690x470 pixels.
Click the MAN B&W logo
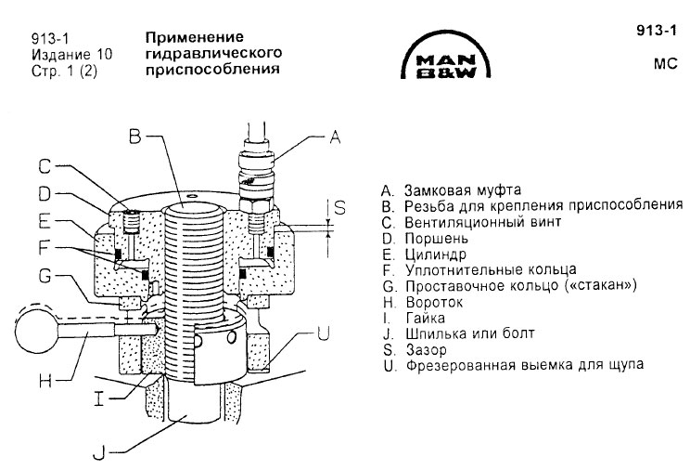pyautogui.click(x=447, y=64)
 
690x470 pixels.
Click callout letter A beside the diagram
pyautogui.click(x=335, y=138)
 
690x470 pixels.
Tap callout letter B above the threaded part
pyautogui.click(x=135, y=137)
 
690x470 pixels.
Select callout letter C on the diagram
pyautogui.click(x=45, y=167)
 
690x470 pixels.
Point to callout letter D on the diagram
pyautogui.click(x=45, y=194)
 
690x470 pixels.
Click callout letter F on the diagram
pyautogui.click(x=45, y=249)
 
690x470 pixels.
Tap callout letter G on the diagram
pyautogui.click(x=45, y=277)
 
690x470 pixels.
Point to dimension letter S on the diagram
pyautogui.click(x=339, y=209)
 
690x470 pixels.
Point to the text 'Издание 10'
pyautogui.click(x=65, y=54)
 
